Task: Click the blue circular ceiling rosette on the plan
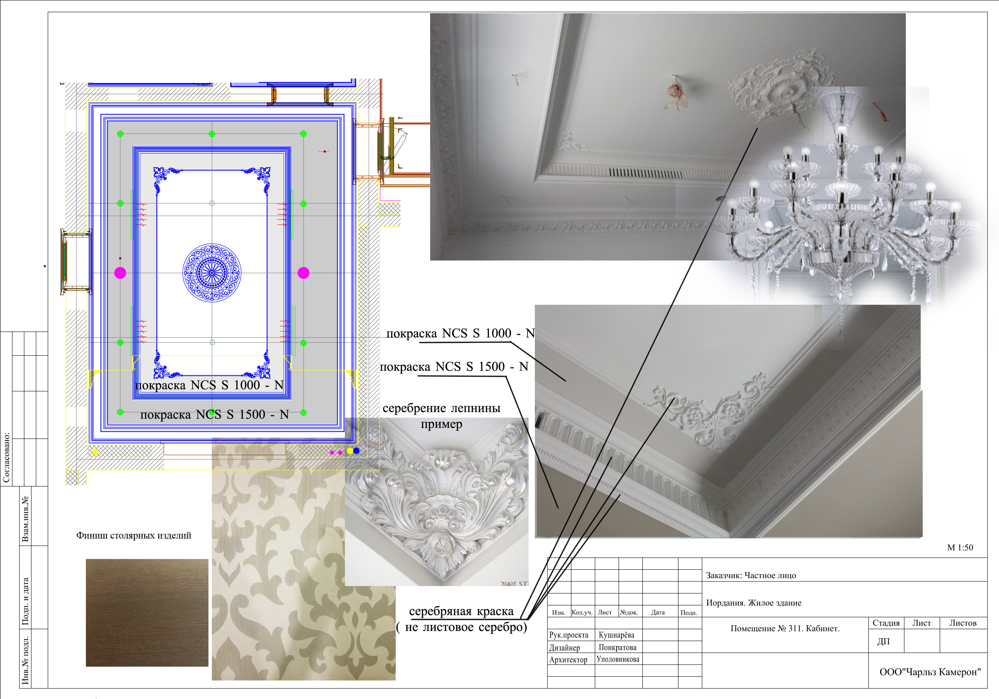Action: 211,273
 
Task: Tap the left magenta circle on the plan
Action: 120,273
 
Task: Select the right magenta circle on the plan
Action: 303,273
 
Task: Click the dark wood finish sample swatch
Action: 147,612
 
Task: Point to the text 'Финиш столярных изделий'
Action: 133,536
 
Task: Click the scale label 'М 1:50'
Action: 960,548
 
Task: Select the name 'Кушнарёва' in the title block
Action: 616,635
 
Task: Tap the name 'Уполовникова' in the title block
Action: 618,659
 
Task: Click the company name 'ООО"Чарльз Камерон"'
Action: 930,672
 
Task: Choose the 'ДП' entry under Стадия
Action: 883,642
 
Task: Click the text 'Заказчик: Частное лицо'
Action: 751,576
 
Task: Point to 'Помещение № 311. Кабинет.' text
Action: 785,629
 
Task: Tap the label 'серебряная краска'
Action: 461,611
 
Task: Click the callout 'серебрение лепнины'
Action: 442,408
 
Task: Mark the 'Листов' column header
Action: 963,623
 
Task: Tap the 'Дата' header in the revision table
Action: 658,612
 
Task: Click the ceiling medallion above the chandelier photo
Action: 781,89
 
